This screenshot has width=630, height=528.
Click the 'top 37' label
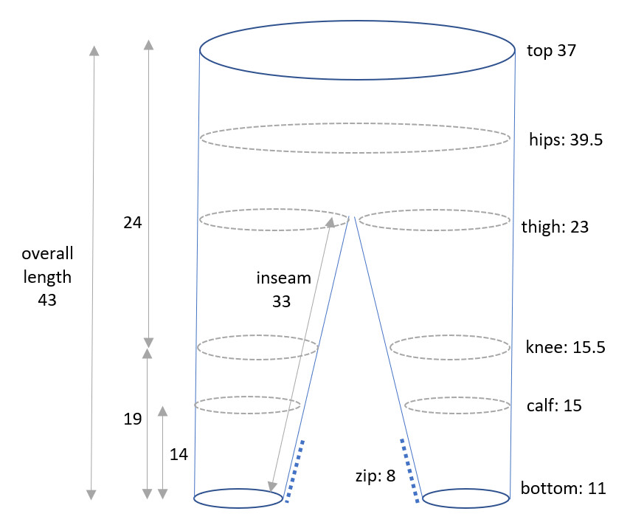551,51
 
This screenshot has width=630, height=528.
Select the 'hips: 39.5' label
566,140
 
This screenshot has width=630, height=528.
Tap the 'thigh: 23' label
555,227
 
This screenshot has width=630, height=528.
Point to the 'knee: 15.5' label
565,347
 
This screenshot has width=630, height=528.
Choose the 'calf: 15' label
554,405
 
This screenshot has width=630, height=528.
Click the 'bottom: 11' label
564,488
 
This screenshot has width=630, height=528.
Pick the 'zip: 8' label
375,476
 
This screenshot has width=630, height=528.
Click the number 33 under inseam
281,301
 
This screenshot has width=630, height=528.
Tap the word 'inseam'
284,278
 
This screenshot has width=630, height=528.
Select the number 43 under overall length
47,300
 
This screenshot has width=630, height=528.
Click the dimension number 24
133,223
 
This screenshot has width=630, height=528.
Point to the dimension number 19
133,419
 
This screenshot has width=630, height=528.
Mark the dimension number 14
179,454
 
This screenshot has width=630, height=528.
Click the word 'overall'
47,254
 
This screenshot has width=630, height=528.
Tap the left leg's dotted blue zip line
294,471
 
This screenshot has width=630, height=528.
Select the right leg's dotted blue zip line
410,471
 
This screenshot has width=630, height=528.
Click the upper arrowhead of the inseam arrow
331,222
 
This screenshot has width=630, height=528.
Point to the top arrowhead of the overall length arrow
94,51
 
